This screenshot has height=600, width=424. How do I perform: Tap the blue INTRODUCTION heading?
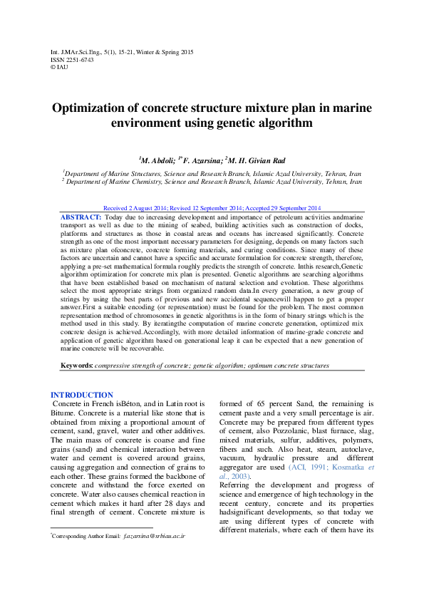81,395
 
